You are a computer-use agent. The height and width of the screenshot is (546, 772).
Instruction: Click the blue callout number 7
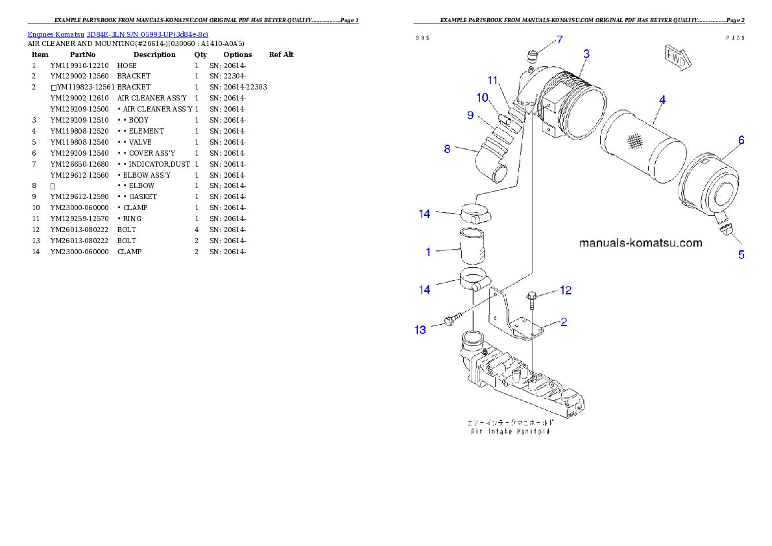click(x=560, y=40)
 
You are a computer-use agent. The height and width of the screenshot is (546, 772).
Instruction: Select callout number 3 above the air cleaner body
click(x=586, y=54)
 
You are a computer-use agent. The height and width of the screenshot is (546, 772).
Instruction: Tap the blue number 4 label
click(x=662, y=100)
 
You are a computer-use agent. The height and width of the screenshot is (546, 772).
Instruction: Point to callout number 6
click(x=741, y=140)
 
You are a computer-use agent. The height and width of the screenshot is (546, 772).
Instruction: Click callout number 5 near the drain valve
click(x=741, y=255)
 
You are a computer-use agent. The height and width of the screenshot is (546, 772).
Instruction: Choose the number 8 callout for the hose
click(x=447, y=149)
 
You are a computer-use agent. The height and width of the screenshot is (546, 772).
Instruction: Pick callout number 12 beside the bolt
click(x=566, y=290)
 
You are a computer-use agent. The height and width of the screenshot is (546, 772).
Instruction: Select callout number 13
click(x=420, y=330)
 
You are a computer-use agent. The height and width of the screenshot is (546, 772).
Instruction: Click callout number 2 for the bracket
click(x=564, y=322)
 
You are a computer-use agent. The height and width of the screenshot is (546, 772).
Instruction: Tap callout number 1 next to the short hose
click(x=428, y=252)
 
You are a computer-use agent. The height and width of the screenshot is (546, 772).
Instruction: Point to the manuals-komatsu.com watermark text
click(x=640, y=243)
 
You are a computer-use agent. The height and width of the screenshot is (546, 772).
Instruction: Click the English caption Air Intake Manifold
click(x=510, y=431)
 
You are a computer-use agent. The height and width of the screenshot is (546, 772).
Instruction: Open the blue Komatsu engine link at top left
click(x=117, y=34)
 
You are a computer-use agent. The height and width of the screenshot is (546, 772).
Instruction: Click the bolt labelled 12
click(x=531, y=299)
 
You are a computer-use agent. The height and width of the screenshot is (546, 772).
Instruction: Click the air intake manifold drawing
click(x=519, y=379)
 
